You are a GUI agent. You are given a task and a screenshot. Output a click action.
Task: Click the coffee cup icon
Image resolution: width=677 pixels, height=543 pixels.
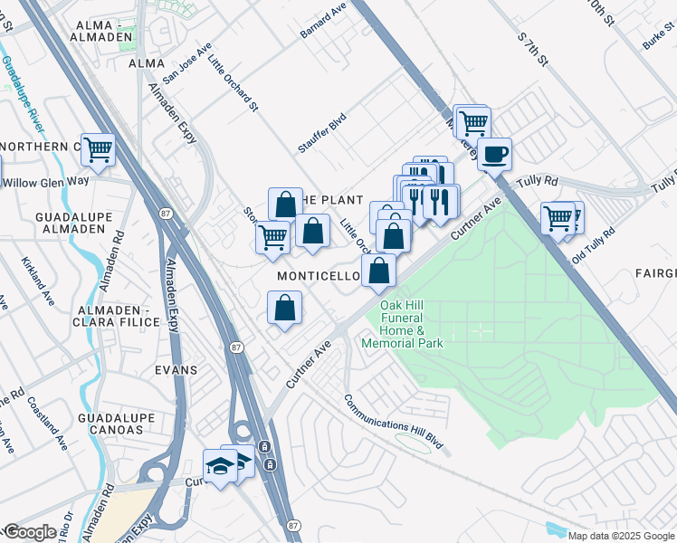(x=493, y=154)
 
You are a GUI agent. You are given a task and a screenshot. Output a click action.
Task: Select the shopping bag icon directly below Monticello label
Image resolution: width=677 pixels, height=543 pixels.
(x=285, y=308)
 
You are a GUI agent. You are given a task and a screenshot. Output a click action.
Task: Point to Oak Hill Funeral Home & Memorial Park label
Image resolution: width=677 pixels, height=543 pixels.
(x=403, y=325)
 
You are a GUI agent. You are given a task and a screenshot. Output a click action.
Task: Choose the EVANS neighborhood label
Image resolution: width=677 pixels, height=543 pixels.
(x=176, y=370)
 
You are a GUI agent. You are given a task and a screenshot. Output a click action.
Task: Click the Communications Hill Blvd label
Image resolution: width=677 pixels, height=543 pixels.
(x=393, y=422)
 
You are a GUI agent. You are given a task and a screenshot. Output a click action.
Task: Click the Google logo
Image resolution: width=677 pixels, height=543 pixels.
(x=29, y=532)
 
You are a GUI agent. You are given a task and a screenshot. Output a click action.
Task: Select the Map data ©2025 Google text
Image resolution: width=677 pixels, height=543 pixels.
(x=621, y=536)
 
